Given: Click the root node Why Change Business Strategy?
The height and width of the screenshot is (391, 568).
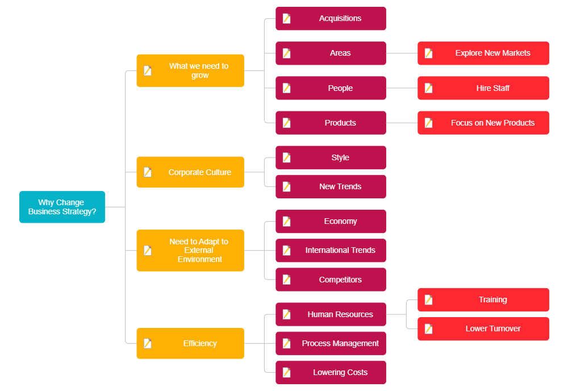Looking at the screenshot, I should click(62, 207).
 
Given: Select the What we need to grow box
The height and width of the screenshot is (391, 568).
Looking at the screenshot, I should click(190, 70).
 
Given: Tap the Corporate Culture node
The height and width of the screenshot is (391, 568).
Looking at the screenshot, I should click(190, 172).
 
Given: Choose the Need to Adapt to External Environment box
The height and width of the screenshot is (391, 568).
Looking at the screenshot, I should click(190, 250).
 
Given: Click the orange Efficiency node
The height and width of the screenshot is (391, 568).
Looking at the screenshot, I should click(190, 343).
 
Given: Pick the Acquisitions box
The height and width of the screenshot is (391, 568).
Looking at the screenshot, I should click(331, 19).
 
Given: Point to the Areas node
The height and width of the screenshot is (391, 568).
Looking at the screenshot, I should click(331, 53).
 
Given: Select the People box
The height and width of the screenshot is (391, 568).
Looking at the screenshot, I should click(331, 88).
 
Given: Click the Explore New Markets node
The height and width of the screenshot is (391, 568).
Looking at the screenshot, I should click(483, 53).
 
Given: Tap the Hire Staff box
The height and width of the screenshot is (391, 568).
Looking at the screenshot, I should click(483, 88).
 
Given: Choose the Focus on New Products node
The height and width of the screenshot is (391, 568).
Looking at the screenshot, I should click(483, 123).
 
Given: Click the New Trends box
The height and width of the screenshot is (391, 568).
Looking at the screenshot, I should click(331, 186).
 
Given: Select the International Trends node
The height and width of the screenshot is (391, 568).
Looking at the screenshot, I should click(331, 250).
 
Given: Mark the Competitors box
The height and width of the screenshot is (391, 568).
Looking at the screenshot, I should click(331, 280).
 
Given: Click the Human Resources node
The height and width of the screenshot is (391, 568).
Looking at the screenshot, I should click(331, 314).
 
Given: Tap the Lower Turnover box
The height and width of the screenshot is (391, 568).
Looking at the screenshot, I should click(483, 329).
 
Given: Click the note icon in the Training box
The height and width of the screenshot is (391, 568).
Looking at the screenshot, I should click(429, 300).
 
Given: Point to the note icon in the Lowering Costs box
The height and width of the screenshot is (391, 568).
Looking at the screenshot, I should click(287, 372).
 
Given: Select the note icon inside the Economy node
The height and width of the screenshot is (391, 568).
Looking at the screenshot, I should click(287, 221).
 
